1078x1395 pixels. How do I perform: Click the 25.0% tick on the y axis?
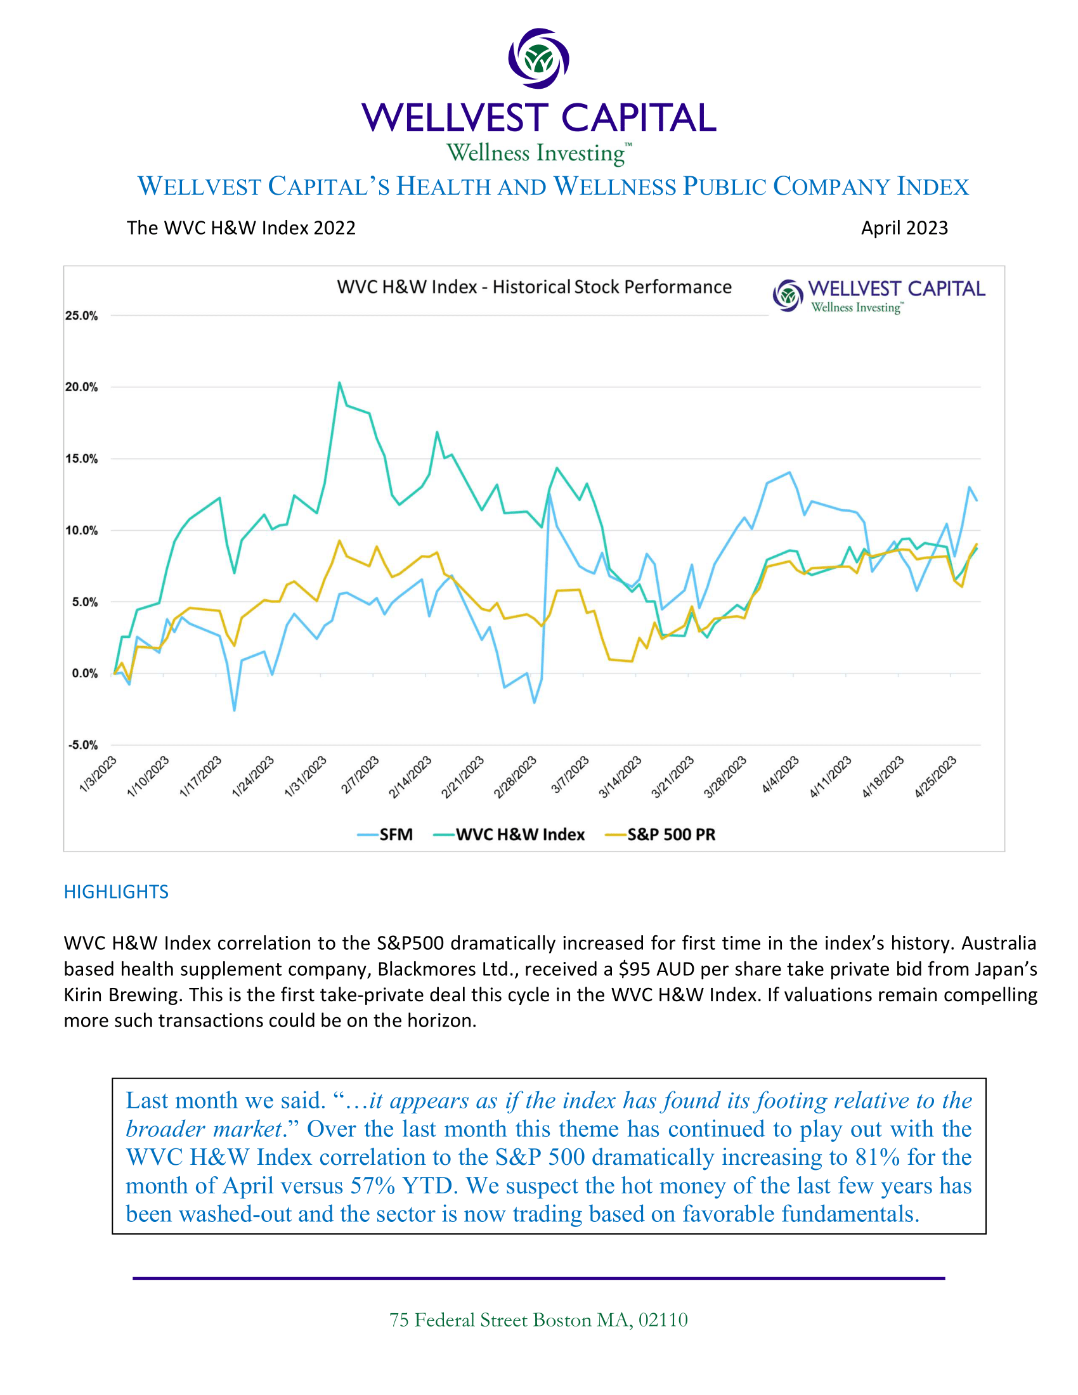[81, 316]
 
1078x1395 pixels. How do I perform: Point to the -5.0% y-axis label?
[83, 745]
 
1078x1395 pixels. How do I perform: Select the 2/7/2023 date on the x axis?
[360, 774]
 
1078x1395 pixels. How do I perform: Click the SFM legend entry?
[386, 834]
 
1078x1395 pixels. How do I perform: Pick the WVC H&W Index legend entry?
[509, 834]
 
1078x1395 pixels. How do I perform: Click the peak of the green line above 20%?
[339, 382]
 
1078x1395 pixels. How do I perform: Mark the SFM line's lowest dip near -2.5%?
[235, 710]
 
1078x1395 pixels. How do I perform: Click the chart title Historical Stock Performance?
[534, 287]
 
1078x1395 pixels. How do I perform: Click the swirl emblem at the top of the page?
[538, 58]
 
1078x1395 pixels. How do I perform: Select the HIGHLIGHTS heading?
[116, 892]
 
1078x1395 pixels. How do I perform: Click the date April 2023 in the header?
[904, 228]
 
